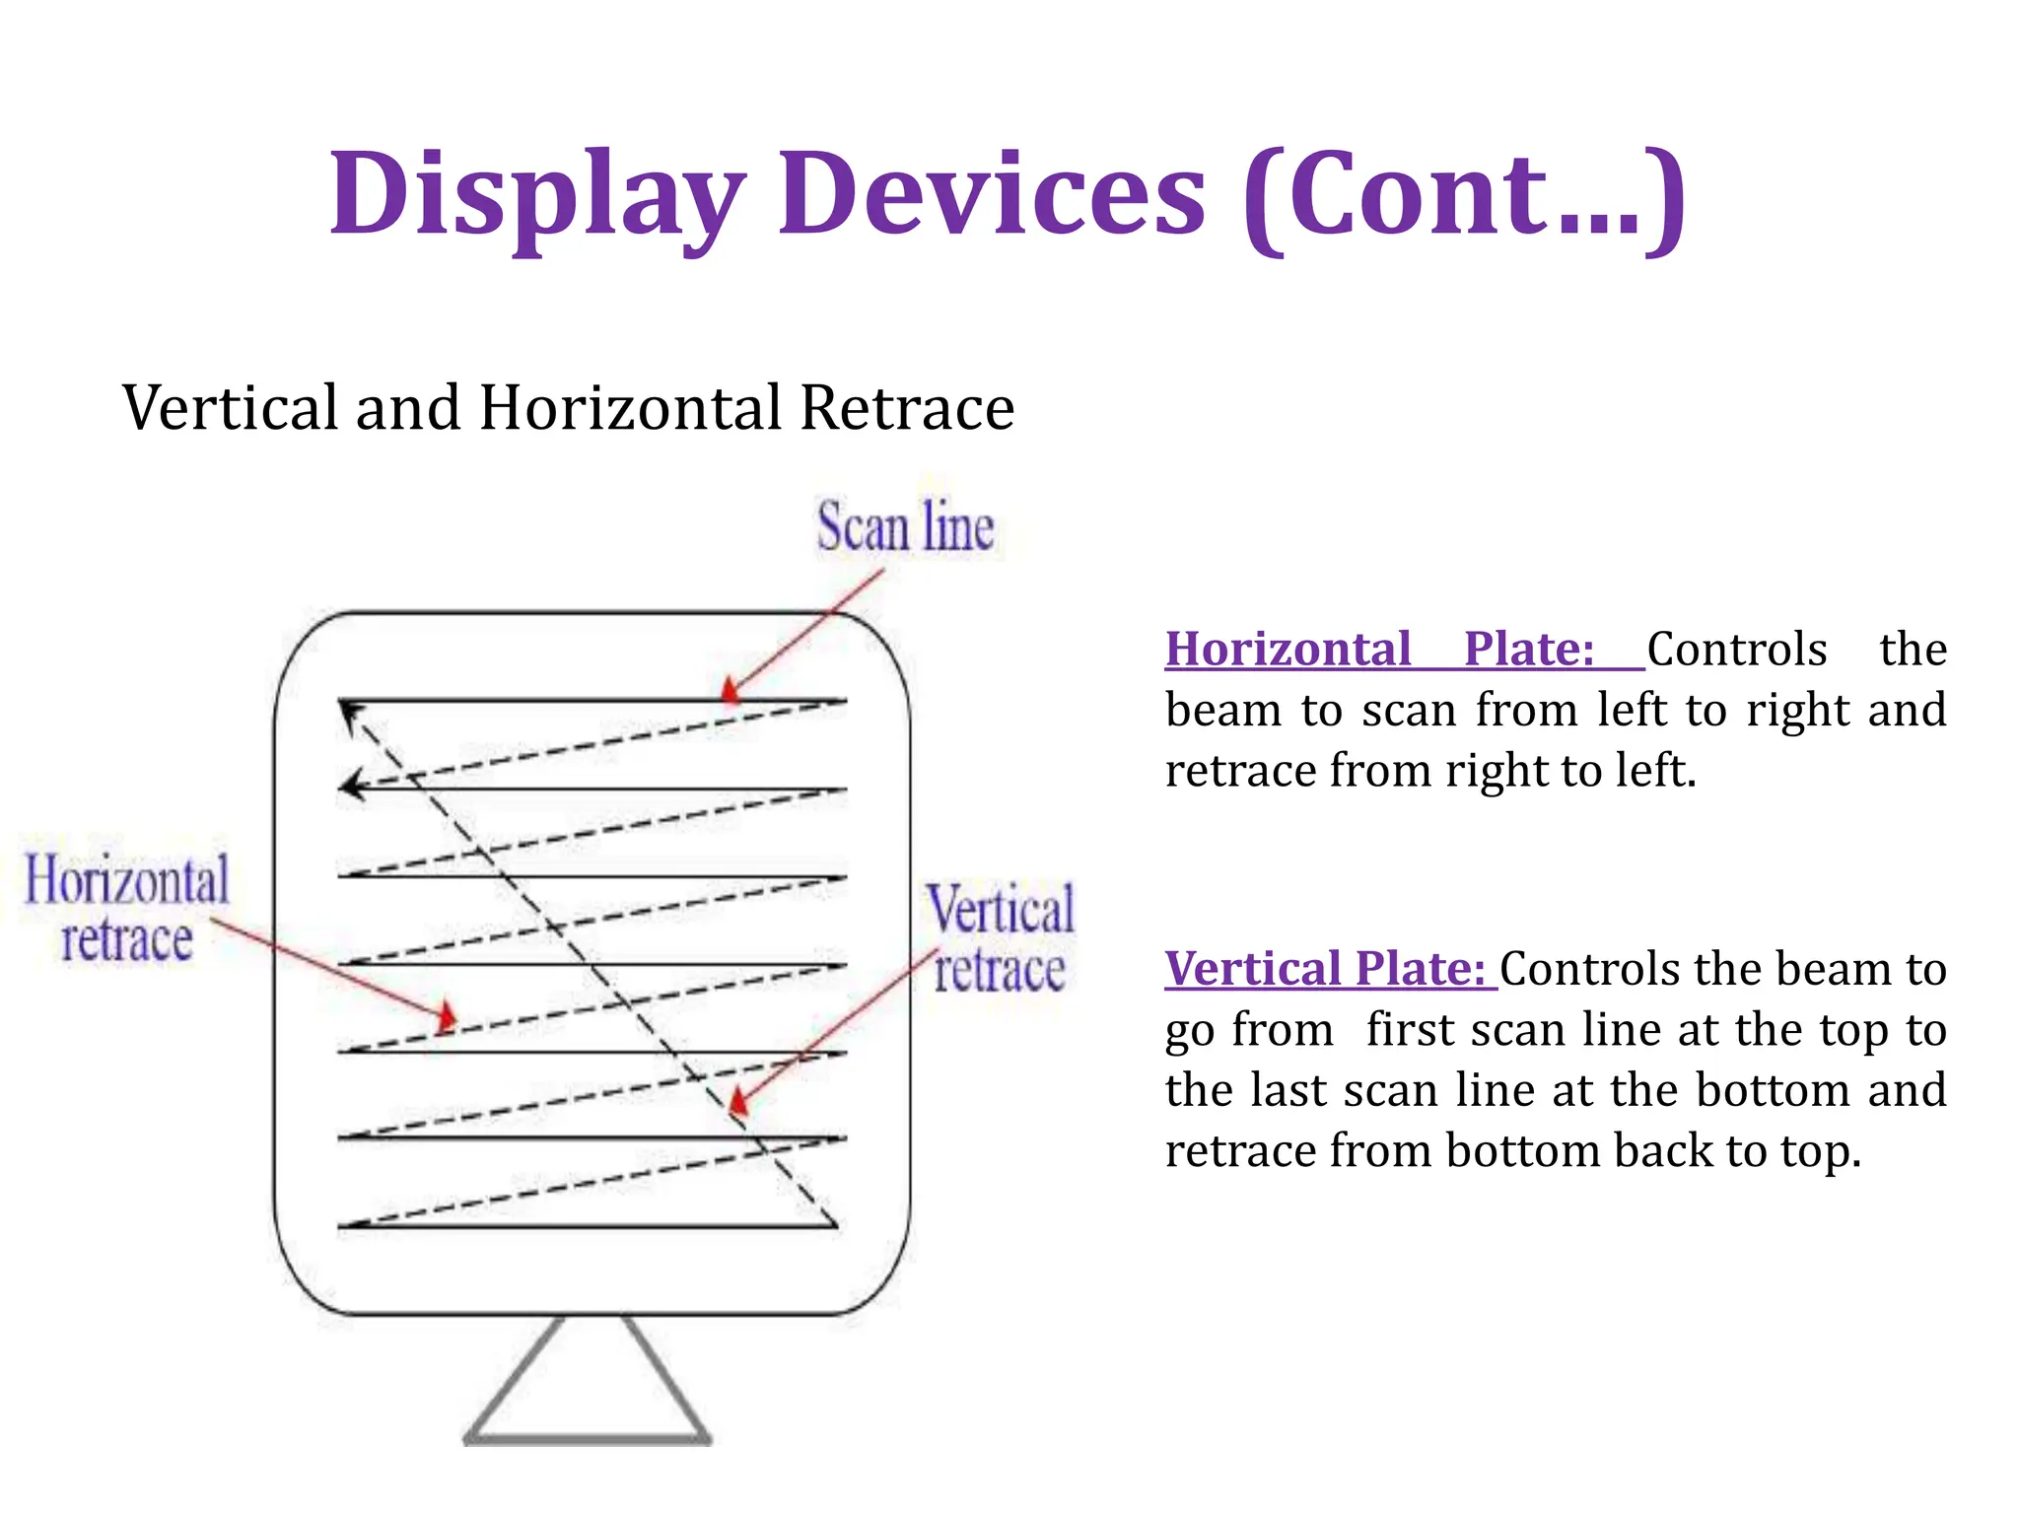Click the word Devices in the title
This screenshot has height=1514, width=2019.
click(x=992, y=193)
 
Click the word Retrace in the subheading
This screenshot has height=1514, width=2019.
click(x=907, y=407)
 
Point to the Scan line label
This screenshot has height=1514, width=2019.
click(x=905, y=527)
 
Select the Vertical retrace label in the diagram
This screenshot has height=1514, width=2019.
click(x=1000, y=939)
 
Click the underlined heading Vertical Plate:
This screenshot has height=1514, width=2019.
click(x=1325, y=969)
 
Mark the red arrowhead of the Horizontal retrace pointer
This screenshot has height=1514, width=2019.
click(x=447, y=1016)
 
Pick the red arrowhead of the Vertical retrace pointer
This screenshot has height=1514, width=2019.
click(x=737, y=1101)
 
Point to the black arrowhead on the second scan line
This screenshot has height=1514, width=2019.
click(x=350, y=786)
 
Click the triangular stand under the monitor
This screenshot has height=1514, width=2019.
click(x=588, y=1390)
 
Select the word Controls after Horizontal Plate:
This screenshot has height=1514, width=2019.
click(x=1737, y=650)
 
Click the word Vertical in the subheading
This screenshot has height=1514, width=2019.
click(x=231, y=407)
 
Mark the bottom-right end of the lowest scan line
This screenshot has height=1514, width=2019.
click(x=836, y=1225)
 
